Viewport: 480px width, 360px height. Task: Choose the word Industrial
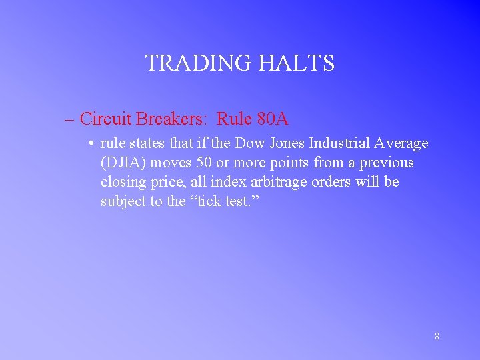click(341, 143)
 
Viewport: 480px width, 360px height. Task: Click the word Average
click(402, 144)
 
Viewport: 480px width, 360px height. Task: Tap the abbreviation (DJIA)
click(124, 163)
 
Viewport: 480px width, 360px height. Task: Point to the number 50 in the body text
click(204, 163)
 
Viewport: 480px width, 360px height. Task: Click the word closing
click(123, 182)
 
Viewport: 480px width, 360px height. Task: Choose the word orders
click(331, 182)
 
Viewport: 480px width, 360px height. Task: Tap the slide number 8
click(437, 336)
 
